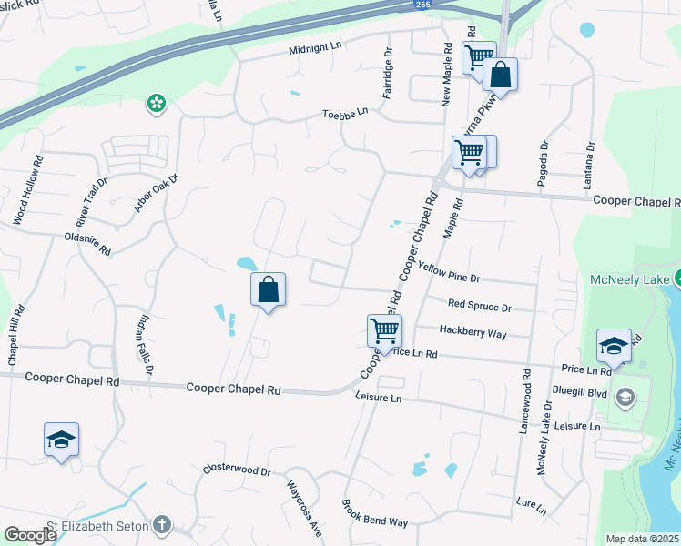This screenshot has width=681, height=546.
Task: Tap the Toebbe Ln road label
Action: click(345, 113)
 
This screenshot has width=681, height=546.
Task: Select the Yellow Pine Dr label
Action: click(449, 271)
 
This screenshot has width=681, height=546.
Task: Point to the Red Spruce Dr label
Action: click(480, 306)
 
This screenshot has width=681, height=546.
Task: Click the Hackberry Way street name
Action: click(473, 333)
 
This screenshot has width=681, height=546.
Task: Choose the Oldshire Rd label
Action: click(87, 243)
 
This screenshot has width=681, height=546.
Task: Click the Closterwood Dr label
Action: click(238, 471)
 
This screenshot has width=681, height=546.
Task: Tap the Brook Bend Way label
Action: click(374, 514)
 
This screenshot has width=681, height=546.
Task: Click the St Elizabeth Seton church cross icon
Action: click(161, 524)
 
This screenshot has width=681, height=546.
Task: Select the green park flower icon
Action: click(157, 104)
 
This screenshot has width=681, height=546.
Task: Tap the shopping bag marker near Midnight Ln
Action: click(500, 75)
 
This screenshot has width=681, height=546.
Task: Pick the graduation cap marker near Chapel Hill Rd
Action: click(62, 440)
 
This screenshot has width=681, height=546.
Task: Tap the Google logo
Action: click(29, 535)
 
